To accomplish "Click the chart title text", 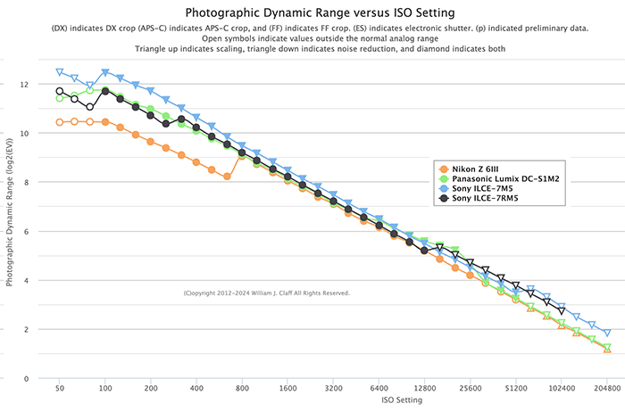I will pyautogui.click(x=312, y=12).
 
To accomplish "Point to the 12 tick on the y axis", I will pyautogui.click(x=23, y=85).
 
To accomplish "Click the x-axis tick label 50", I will pyautogui.click(x=60, y=390).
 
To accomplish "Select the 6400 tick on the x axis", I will pyautogui.click(x=379, y=390).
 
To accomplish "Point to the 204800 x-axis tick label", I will pyautogui.click(x=606, y=390).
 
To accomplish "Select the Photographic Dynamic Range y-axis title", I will pyautogui.click(x=10, y=219).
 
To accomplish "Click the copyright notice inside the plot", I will pyautogui.click(x=266, y=293).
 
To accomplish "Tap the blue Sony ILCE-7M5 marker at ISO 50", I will pyautogui.click(x=60, y=72).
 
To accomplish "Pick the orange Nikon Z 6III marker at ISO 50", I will pyautogui.click(x=60, y=122).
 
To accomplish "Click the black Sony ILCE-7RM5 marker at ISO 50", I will pyautogui.click(x=60, y=91).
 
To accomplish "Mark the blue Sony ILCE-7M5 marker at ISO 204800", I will pyautogui.click(x=607, y=334).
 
